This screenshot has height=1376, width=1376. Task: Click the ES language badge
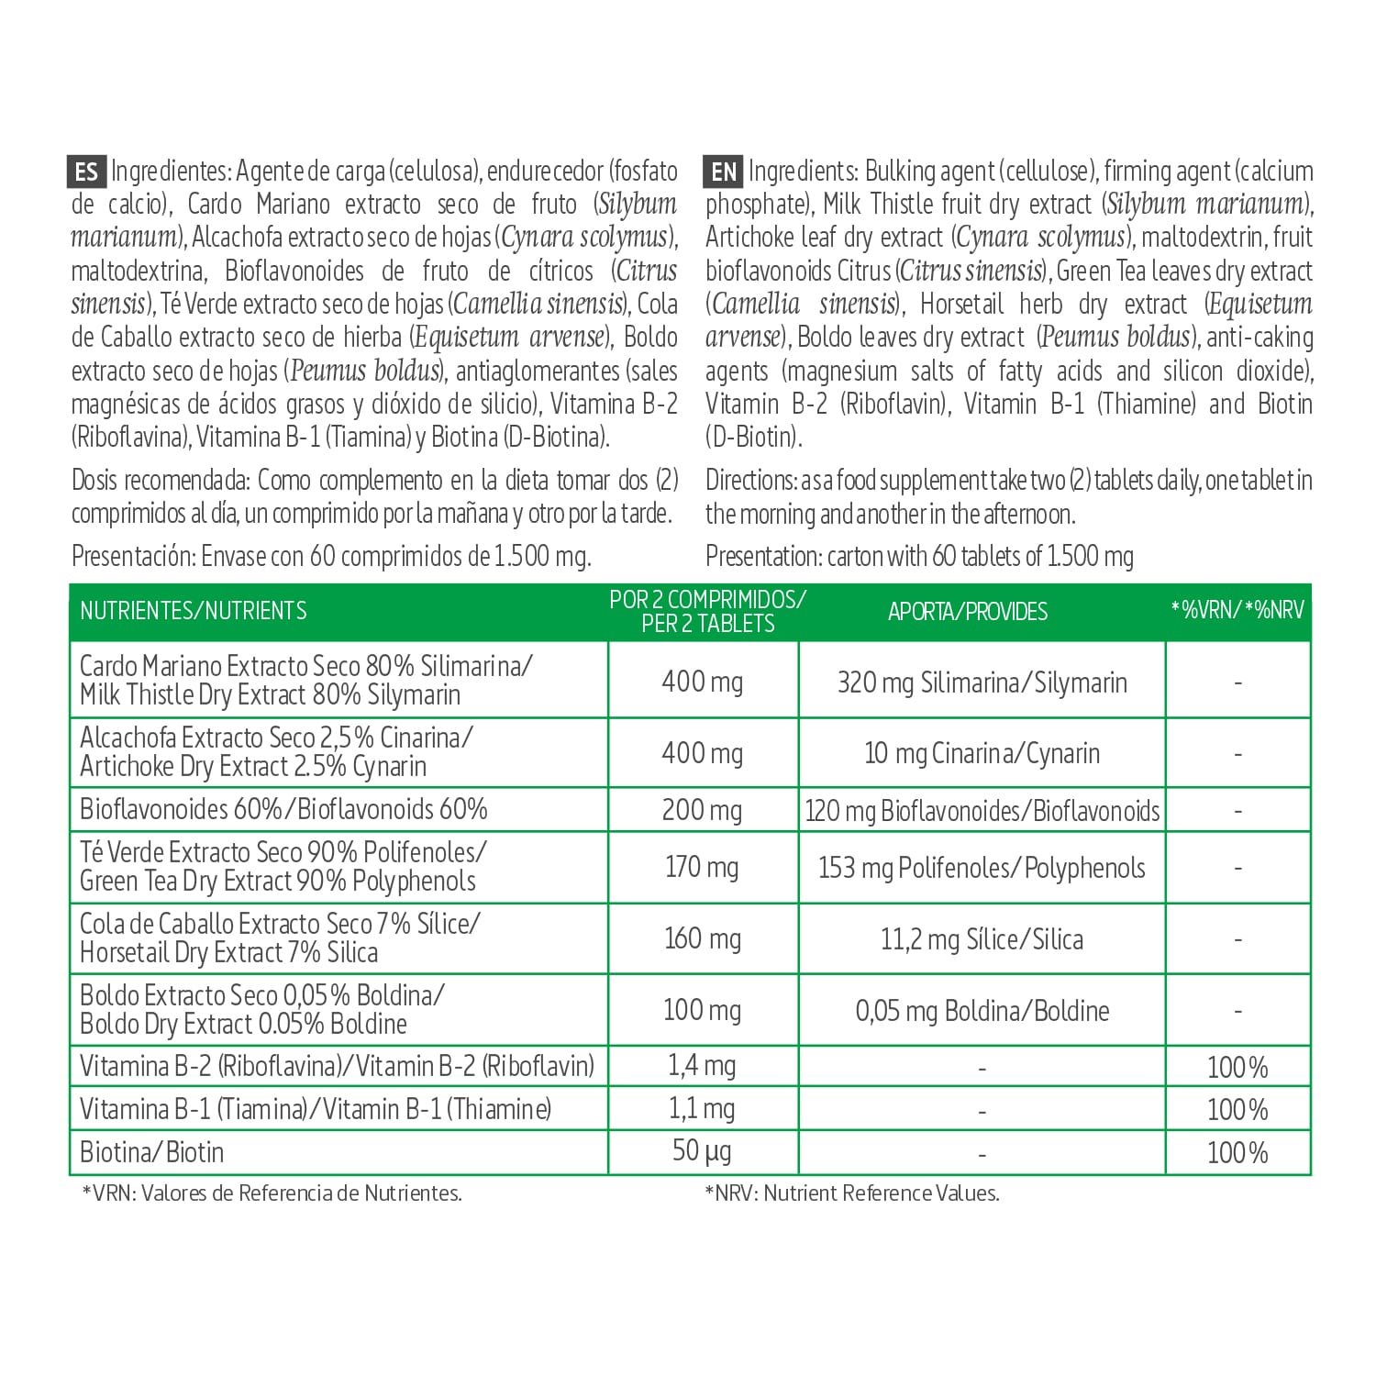(87, 172)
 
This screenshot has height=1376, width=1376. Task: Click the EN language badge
(724, 172)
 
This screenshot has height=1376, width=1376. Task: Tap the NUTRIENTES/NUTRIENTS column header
(194, 611)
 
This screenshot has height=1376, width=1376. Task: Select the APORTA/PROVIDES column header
(968, 612)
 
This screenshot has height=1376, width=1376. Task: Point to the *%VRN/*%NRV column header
(1237, 610)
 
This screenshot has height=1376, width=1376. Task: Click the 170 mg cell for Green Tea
(702, 867)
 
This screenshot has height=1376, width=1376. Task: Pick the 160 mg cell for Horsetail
(702, 938)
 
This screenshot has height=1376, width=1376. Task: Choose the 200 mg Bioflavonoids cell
(702, 810)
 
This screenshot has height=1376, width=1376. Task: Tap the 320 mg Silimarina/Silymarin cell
(982, 682)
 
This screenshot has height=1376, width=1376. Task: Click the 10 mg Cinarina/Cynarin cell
(982, 753)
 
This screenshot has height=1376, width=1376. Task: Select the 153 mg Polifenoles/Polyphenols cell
(982, 868)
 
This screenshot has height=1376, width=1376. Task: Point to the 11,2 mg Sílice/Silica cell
(982, 939)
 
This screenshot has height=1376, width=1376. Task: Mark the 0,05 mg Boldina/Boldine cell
(982, 1011)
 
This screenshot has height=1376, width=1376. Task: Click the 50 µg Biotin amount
(702, 1151)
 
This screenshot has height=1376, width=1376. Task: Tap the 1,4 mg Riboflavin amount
(702, 1065)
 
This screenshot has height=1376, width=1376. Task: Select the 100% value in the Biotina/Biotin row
(1237, 1152)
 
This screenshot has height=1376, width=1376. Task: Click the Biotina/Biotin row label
(152, 1152)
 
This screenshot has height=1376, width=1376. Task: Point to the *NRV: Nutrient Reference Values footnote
(852, 1193)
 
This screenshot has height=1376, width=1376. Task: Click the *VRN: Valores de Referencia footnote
(272, 1193)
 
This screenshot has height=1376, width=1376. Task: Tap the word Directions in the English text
(749, 480)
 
